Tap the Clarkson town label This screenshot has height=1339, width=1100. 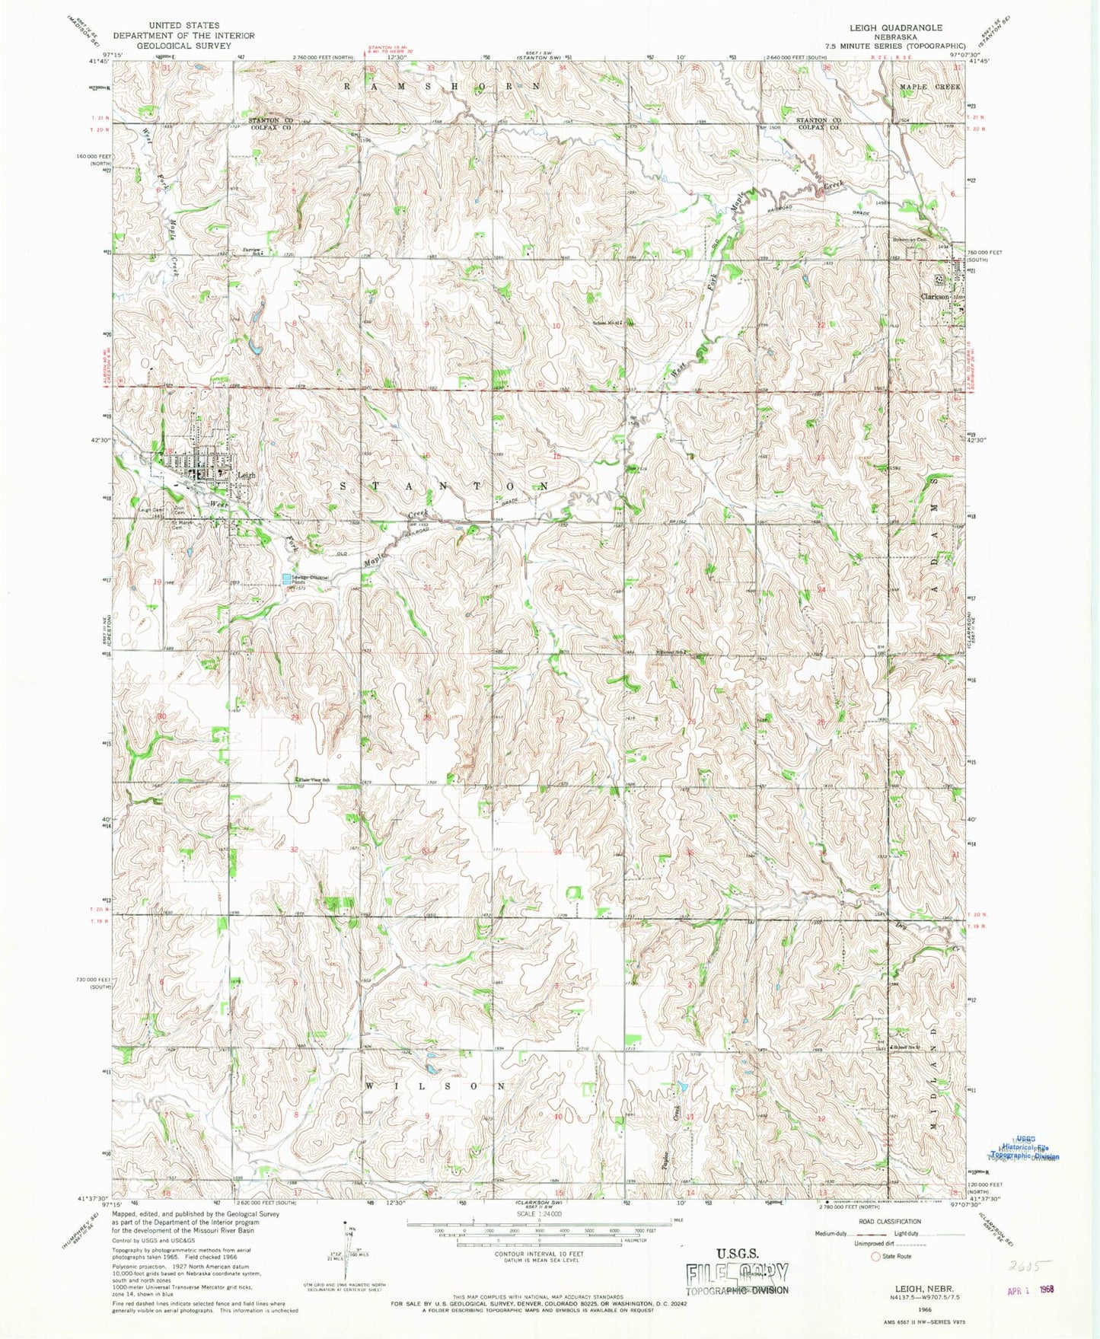click(935, 297)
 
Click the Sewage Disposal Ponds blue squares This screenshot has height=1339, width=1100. click(287, 579)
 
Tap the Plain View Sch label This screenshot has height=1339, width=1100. click(314, 780)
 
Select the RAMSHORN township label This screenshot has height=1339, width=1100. click(442, 86)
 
